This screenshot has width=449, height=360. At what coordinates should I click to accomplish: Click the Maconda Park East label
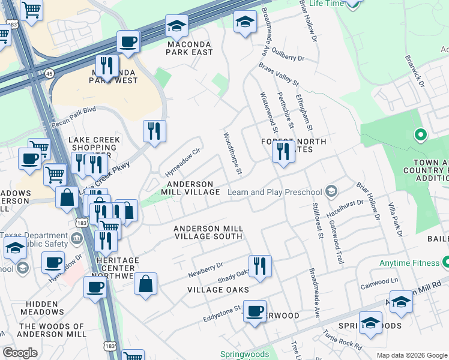click(190, 48)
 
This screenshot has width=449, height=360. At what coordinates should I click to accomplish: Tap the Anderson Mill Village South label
click(208, 232)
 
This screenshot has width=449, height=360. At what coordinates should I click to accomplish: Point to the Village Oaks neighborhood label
click(218, 290)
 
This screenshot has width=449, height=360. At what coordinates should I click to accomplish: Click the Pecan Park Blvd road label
click(74, 110)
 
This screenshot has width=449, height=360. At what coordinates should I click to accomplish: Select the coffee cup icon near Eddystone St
click(255, 311)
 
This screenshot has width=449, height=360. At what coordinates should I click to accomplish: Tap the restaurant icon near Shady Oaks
click(260, 266)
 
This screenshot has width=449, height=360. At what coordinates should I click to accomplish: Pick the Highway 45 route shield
click(47, 73)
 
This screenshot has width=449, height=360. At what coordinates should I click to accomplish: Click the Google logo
click(20, 353)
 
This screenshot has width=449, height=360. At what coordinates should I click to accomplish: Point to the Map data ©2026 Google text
click(411, 355)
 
